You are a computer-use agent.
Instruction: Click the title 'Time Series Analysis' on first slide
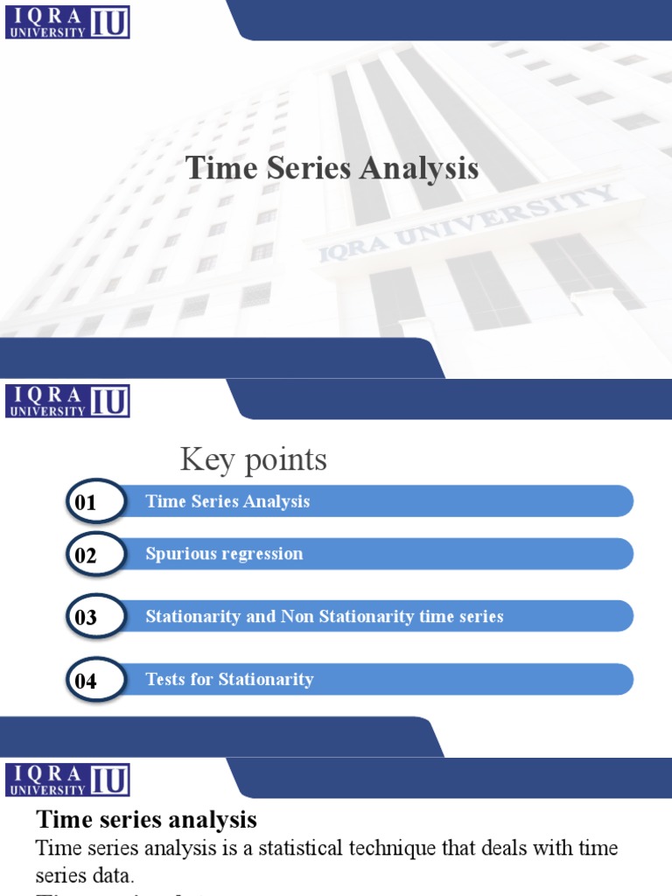coord(332,169)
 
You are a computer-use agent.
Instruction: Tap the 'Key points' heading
coord(254,459)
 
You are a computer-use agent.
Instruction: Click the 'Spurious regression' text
coord(224,554)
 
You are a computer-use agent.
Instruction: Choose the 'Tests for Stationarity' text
coord(229,680)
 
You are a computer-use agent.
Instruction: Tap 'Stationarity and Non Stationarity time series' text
coord(324,617)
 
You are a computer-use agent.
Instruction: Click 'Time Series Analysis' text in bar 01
coord(227,501)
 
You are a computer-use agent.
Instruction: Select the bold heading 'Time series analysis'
coord(146,820)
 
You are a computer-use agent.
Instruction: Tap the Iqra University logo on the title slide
coord(68,22)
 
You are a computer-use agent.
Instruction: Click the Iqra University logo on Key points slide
coord(68,401)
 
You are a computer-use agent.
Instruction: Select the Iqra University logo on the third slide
coord(68,780)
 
